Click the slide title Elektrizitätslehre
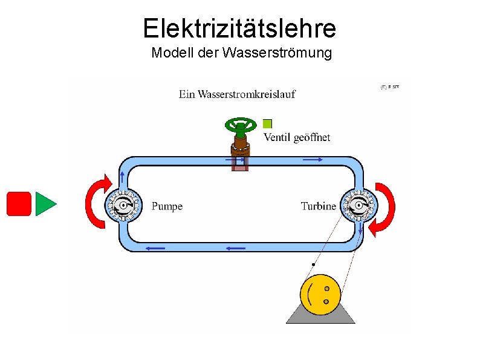point(239,28)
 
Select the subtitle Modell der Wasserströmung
point(241,53)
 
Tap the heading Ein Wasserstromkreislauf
point(237,94)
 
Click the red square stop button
point(18,203)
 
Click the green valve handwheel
point(241,126)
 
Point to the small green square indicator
point(268,124)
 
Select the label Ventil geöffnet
point(296,137)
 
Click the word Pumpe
point(167,206)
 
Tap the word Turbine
point(318,206)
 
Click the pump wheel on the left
point(123,206)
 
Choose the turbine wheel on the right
point(358,206)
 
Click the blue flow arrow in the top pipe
point(312,159)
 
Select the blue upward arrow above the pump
point(123,177)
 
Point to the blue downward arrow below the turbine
point(360,229)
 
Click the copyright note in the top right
point(389,87)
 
